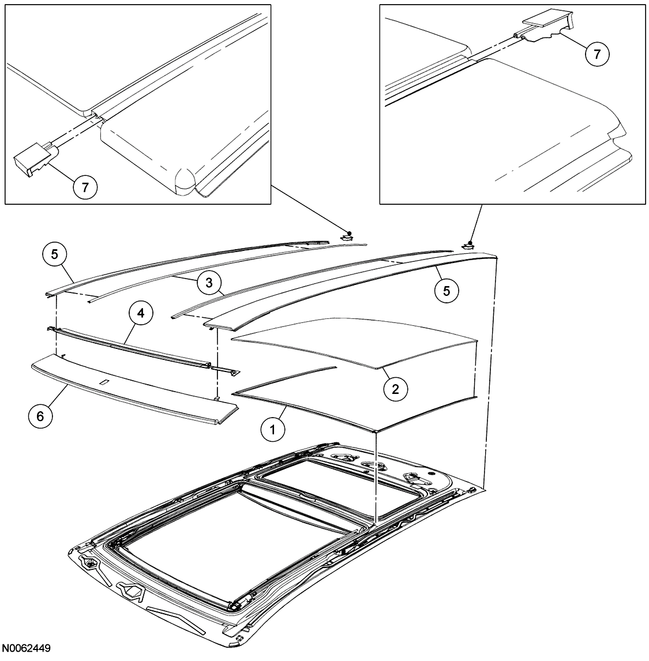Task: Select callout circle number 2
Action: pos(395,388)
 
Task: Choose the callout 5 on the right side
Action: pos(446,291)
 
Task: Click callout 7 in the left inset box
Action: pos(85,187)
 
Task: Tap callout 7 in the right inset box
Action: pos(597,54)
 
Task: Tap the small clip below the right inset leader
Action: pos(471,245)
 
